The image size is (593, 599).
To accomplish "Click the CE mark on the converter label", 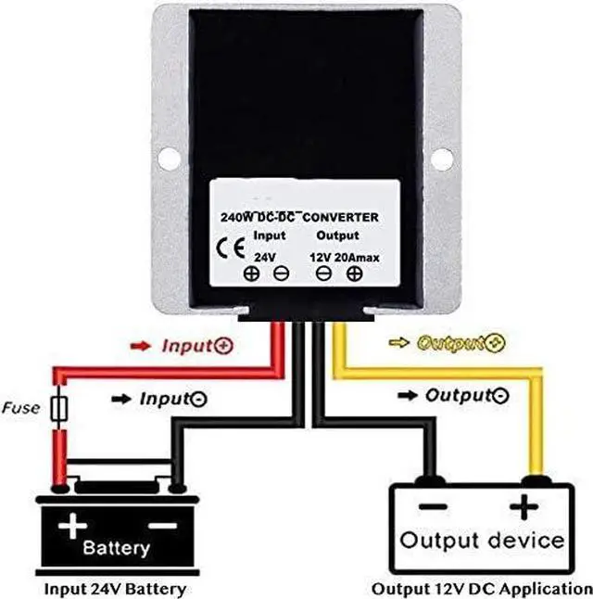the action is click(230, 249).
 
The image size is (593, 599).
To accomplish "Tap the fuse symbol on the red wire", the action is click(59, 408).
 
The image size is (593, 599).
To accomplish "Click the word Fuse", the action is click(20, 408).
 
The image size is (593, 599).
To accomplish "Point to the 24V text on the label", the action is click(265, 258).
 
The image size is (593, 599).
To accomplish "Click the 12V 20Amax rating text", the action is click(345, 258).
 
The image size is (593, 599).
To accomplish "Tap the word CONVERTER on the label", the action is click(341, 217).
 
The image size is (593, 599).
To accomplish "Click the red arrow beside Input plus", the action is click(140, 346).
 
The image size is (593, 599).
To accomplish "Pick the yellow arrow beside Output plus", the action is click(398, 342).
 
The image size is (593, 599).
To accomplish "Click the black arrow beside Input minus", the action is click(121, 400).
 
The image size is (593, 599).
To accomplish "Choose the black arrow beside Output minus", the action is click(408, 395).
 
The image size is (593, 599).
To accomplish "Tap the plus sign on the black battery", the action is click(72, 526).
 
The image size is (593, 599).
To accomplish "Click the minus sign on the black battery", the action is click(163, 526).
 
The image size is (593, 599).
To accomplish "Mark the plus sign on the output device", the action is click(524, 507).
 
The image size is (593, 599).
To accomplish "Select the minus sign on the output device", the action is click(433, 507).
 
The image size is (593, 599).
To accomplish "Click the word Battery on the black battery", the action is click(117, 548).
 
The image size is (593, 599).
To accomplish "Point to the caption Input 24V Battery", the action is click(115, 589).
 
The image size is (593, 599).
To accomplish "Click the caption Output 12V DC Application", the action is click(482, 589).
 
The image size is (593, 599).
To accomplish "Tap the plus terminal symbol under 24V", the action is click(251, 274).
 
